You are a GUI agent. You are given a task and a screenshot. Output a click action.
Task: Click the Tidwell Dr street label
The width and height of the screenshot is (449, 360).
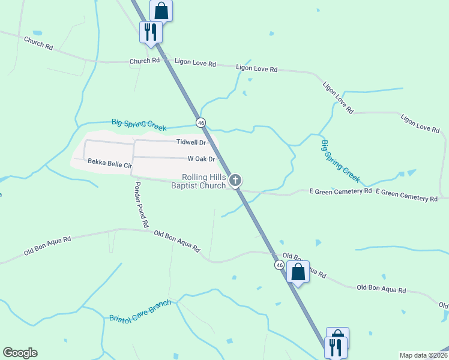(x=191, y=143)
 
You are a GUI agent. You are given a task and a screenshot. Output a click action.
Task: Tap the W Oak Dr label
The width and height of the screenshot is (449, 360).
(x=201, y=159)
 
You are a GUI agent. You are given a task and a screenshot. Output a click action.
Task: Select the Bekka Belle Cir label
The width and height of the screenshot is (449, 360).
(x=109, y=163)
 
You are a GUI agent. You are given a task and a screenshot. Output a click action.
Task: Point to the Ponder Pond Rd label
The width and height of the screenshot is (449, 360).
(x=140, y=204)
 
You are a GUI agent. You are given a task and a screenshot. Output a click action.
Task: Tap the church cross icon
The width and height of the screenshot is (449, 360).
(x=236, y=179)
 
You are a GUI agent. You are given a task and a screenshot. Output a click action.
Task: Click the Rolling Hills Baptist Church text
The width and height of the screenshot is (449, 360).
(x=198, y=181)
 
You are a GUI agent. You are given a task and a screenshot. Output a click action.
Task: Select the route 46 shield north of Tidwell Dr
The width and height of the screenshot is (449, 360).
(x=201, y=122)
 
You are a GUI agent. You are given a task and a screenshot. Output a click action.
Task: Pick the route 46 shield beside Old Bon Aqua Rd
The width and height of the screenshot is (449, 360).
(x=280, y=265)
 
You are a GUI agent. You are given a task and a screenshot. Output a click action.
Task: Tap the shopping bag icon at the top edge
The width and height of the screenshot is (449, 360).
(x=161, y=9)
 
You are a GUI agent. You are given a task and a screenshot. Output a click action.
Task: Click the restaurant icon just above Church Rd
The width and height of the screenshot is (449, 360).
(x=150, y=31)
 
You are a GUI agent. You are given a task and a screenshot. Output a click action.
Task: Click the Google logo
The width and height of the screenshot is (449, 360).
(x=20, y=353)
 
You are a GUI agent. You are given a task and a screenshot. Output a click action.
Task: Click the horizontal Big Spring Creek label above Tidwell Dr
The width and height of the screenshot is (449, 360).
(x=139, y=124)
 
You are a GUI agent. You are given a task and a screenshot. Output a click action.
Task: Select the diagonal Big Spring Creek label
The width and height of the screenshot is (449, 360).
(x=340, y=161)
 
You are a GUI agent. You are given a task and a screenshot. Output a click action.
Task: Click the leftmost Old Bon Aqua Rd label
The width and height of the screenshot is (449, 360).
(x=47, y=245)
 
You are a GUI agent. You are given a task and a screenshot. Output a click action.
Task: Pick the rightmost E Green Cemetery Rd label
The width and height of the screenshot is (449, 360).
(x=406, y=195)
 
